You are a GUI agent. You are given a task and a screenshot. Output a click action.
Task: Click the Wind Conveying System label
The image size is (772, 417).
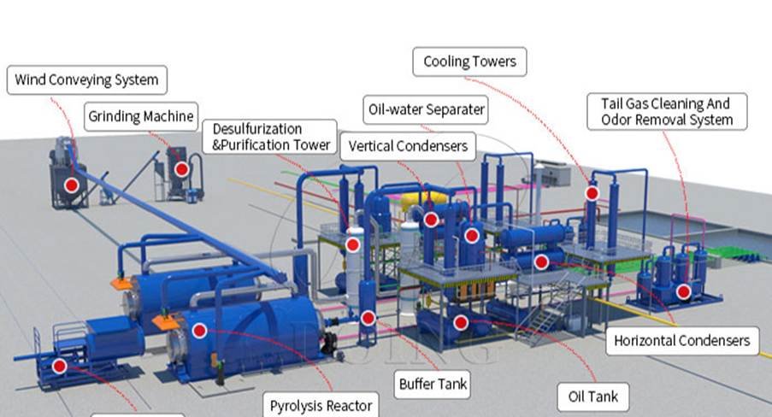(x=86, y=80)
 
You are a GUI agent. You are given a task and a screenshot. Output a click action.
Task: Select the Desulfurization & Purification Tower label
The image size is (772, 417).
(x=269, y=137)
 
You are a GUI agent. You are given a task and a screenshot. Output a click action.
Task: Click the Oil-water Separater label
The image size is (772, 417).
(x=427, y=109)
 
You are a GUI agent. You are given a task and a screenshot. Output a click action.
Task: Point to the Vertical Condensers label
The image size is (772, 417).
(x=408, y=146)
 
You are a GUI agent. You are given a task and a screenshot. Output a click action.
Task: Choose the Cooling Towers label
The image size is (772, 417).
(x=470, y=62)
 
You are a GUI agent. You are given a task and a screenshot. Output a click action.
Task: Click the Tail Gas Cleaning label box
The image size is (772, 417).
(x=667, y=111)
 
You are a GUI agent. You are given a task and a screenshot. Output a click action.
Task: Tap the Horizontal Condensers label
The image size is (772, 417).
(x=681, y=341)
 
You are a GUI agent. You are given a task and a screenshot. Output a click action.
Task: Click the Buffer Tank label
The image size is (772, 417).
(x=433, y=384)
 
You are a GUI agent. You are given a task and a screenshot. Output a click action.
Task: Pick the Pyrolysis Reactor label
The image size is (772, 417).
(x=321, y=405)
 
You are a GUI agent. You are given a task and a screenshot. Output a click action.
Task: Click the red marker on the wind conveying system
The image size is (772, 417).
(x=71, y=185)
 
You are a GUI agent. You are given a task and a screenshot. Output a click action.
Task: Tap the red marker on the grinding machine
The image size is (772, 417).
(x=181, y=169)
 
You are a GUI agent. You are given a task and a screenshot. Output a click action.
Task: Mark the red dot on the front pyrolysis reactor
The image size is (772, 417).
(x=199, y=330)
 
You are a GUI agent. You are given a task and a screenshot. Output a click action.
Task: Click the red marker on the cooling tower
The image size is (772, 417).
(x=592, y=193)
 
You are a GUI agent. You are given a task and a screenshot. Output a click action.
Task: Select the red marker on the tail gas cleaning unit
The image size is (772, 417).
(x=683, y=291)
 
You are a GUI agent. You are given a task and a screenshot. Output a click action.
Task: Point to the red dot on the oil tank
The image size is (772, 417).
(x=461, y=322)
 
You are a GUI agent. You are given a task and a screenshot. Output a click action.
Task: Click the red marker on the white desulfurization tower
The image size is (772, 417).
(x=352, y=245)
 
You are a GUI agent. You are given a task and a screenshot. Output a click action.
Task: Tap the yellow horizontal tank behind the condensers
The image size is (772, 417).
(x=425, y=198)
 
